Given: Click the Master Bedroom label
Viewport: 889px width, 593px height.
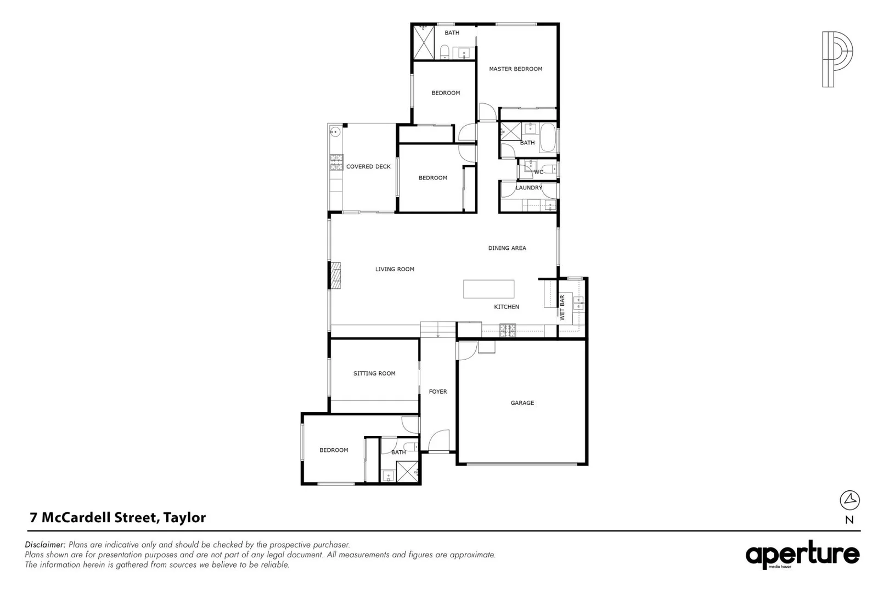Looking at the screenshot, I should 515,69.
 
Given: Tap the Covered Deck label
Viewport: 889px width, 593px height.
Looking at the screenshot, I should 368,166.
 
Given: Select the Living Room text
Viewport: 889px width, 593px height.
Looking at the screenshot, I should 395,269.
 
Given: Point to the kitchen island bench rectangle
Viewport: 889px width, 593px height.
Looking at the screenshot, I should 488,289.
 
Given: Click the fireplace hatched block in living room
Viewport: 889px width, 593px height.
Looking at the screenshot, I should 335,275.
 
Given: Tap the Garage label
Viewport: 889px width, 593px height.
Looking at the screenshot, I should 522,403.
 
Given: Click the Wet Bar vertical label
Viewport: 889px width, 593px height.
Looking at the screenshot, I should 562,308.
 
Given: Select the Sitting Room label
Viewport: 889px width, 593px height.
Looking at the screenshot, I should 374,373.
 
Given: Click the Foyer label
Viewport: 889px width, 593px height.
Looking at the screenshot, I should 438,391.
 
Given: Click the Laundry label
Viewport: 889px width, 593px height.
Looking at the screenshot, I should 528,188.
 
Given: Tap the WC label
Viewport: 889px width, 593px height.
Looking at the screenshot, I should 538,172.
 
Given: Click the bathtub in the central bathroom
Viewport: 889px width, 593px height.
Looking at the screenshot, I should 548,138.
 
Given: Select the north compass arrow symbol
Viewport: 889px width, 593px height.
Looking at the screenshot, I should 849,500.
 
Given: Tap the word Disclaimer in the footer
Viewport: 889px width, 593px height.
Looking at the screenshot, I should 46,545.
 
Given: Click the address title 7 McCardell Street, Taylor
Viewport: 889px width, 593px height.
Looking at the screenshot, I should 118,517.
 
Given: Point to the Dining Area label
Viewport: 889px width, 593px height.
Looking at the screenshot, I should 507,248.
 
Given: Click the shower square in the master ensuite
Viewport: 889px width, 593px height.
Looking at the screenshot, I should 424,42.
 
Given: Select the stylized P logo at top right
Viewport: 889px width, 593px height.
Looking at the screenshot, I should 837,59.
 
